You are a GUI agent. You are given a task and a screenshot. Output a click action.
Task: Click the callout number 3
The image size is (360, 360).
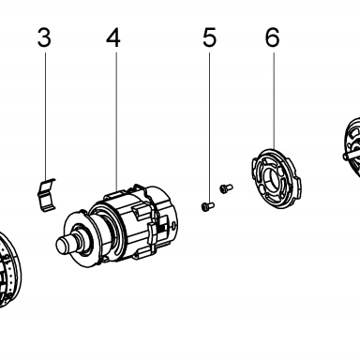[44, 37]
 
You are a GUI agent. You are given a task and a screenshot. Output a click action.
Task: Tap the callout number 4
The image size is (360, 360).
[113, 37]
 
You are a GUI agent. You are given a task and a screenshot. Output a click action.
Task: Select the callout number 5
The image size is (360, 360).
[209, 37]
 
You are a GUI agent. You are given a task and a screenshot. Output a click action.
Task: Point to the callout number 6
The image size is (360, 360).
[273, 37]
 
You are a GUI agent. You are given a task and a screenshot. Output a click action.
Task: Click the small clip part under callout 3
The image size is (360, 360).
[46, 194]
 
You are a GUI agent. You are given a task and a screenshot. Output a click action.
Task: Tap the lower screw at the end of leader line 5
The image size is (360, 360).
[207, 206]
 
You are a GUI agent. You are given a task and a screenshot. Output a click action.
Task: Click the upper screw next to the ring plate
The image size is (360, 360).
[226, 188]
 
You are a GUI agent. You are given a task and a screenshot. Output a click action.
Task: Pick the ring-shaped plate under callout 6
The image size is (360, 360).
[277, 178]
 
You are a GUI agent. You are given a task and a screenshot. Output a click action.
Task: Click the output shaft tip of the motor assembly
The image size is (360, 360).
[64, 245]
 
